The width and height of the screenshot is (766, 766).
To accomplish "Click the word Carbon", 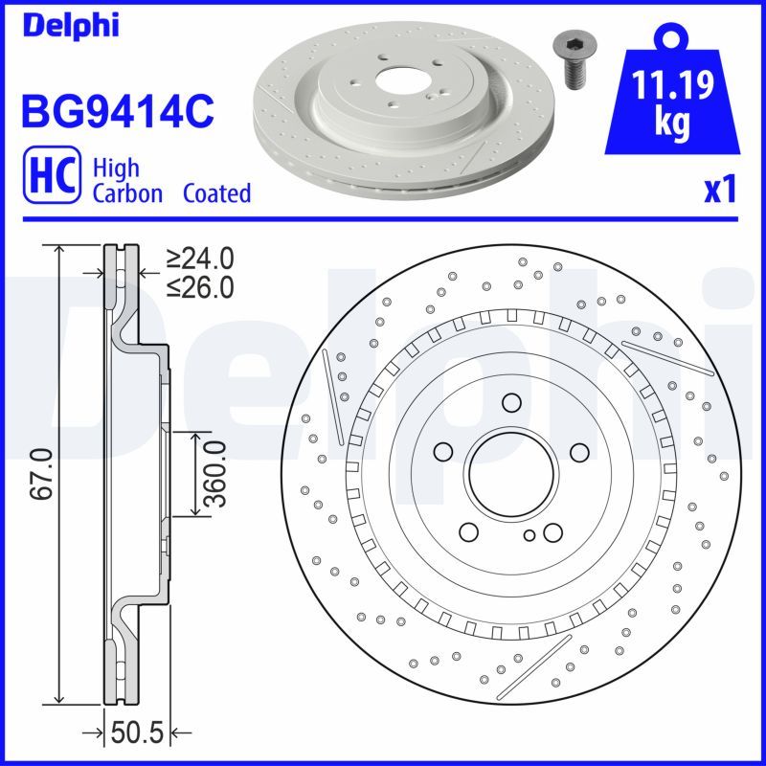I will (x=128, y=193).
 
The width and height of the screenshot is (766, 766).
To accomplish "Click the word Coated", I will (x=217, y=193).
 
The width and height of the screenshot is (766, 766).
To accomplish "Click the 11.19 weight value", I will (x=672, y=88).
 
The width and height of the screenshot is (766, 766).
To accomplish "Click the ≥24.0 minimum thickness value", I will (x=200, y=259).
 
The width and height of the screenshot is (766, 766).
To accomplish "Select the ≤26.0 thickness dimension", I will (x=200, y=285).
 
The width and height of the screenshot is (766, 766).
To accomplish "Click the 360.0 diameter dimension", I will (x=215, y=476).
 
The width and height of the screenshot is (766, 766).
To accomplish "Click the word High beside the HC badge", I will (x=116, y=169).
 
